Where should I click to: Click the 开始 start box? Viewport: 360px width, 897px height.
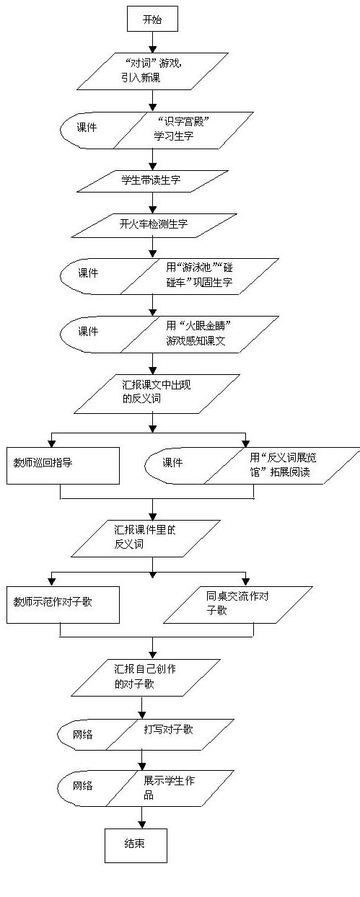pos(152,19)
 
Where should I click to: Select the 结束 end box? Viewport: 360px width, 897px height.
pos(136,845)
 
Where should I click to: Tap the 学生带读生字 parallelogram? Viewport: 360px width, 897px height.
pos(152,181)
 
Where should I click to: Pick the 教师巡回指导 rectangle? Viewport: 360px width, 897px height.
pos(63,465)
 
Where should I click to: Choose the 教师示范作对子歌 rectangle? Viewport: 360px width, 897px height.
pos(63,605)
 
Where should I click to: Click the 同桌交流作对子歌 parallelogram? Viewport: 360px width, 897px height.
pos(238,605)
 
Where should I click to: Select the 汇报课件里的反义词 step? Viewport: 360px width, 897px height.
pos(146,538)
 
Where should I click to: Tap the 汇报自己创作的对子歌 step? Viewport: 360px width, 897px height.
pos(146,678)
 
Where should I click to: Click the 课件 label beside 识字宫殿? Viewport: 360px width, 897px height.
pos(87,128)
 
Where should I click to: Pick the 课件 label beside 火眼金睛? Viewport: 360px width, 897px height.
pos(88,331)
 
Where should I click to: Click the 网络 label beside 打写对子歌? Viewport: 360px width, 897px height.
pos(82,735)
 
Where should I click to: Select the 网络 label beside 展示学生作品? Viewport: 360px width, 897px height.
pos(82,786)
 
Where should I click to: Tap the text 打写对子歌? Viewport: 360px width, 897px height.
pos(169,729)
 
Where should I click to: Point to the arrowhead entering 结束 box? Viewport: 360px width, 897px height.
pos(141,824)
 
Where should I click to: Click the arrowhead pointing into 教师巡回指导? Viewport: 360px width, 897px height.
pos(51,443)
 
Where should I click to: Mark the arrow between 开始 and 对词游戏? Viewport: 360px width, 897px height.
pos(152,42)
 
